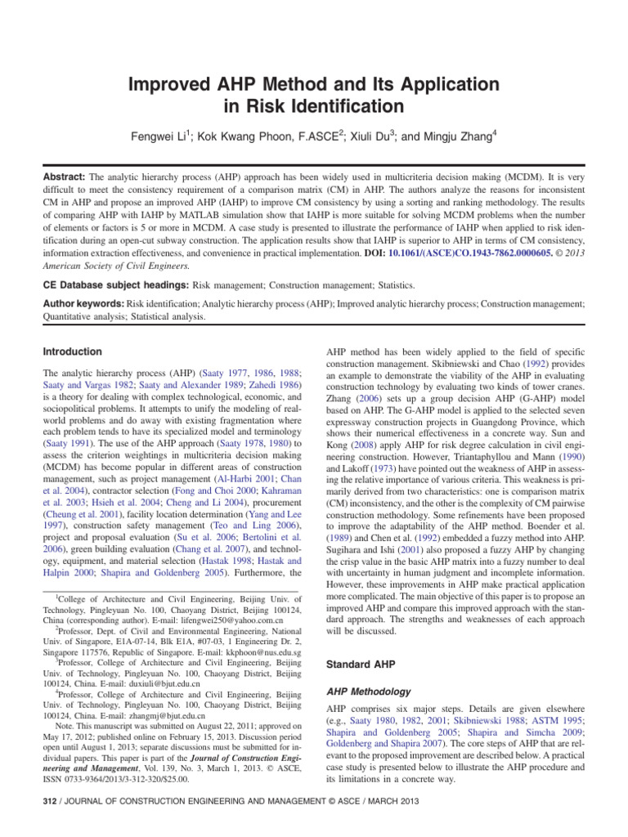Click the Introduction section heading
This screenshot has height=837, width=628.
pos(72,351)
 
